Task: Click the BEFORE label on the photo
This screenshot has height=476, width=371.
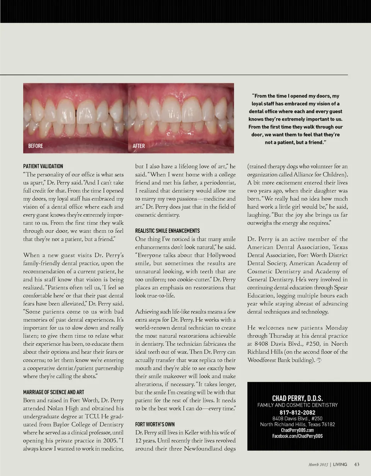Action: pos(36,146)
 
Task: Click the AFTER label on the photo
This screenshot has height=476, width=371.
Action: pos(139,146)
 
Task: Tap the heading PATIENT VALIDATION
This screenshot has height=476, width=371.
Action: pos(43,166)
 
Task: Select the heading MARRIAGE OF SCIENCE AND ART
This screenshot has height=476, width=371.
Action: pos(53,392)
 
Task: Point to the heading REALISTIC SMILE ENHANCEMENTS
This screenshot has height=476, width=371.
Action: pos(167,230)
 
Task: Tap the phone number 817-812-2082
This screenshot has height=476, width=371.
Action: pos(298,413)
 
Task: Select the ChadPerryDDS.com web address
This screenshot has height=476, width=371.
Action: pos(298,430)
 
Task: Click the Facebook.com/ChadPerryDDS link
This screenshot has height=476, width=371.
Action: pos(298,436)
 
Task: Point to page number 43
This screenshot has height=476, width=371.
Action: pos(357,464)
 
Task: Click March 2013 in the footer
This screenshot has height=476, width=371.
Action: pos(319,464)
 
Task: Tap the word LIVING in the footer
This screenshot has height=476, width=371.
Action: pos(340,464)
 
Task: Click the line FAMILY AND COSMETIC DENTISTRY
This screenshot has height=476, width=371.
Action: pos(298,405)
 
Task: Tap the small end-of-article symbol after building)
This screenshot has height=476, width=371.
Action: pos(319,360)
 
